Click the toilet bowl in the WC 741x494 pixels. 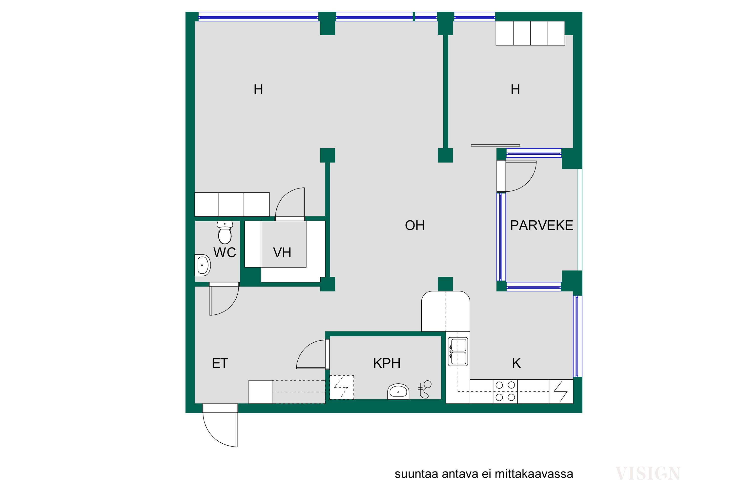[x=225, y=232]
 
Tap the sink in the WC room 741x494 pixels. [x=203, y=265]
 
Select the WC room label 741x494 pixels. [x=225, y=253]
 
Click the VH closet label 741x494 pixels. [x=282, y=253]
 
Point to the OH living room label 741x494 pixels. [x=415, y=226]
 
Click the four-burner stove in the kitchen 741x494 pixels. [x=505, y=391]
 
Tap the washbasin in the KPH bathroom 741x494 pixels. [x=398, y=391]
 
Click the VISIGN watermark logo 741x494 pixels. [x=648, y=473]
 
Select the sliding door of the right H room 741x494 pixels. [x=495, y=145]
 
